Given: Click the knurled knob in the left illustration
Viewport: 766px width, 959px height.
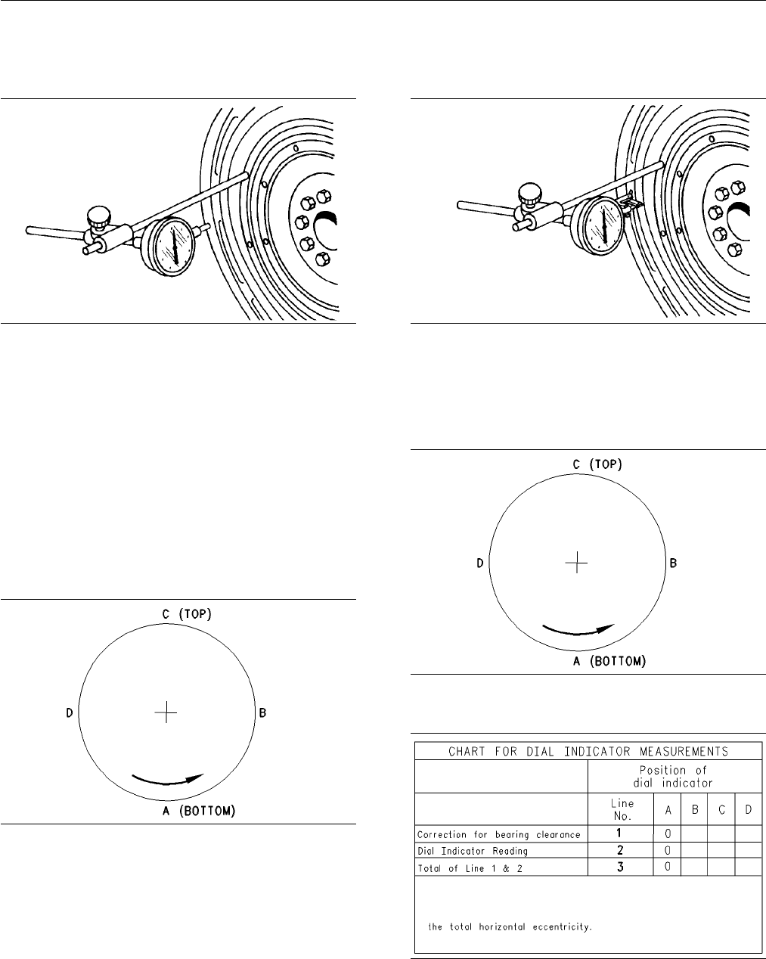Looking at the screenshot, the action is [x=98, y=216].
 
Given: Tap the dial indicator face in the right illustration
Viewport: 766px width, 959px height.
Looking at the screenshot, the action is [x=603, y=226].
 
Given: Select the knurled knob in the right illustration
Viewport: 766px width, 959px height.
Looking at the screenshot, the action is [x=530, y=194].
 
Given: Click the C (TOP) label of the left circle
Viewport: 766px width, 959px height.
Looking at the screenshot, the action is [x=187, y=615].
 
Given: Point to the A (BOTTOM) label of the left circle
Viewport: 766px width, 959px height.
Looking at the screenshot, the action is [x=199, y=811].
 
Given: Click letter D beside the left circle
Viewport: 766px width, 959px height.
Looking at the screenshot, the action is [x=70, y=713].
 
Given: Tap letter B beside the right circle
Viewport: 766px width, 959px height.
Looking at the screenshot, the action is [x=673, y=563].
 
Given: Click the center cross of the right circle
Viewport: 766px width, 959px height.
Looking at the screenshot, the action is [x=577, y=563].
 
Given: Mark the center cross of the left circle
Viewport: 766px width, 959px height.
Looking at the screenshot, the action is [x=166, y=712].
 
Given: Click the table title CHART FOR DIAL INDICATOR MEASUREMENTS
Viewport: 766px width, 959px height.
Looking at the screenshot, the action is [x=588, y=752].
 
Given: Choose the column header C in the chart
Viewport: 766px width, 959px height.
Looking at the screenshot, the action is [x=722, y=810].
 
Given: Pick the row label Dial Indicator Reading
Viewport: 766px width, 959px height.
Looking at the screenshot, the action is [x=473, y=852].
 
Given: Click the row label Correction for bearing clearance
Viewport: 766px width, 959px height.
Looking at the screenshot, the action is [x=499, y=835].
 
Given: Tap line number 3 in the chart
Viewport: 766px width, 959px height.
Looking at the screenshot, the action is [x=620, y=867].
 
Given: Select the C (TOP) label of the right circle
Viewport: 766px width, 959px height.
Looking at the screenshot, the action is [x=597, y=465].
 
